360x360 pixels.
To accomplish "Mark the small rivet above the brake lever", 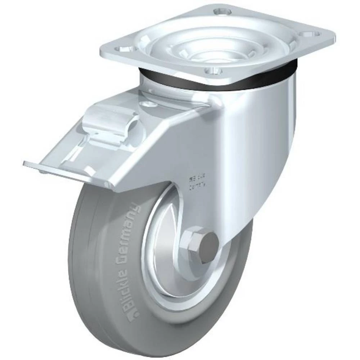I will tap(148, 104).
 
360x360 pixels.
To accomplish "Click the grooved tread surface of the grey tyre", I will tap(83, 259).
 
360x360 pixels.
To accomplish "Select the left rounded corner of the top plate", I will tap(104, 50).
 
